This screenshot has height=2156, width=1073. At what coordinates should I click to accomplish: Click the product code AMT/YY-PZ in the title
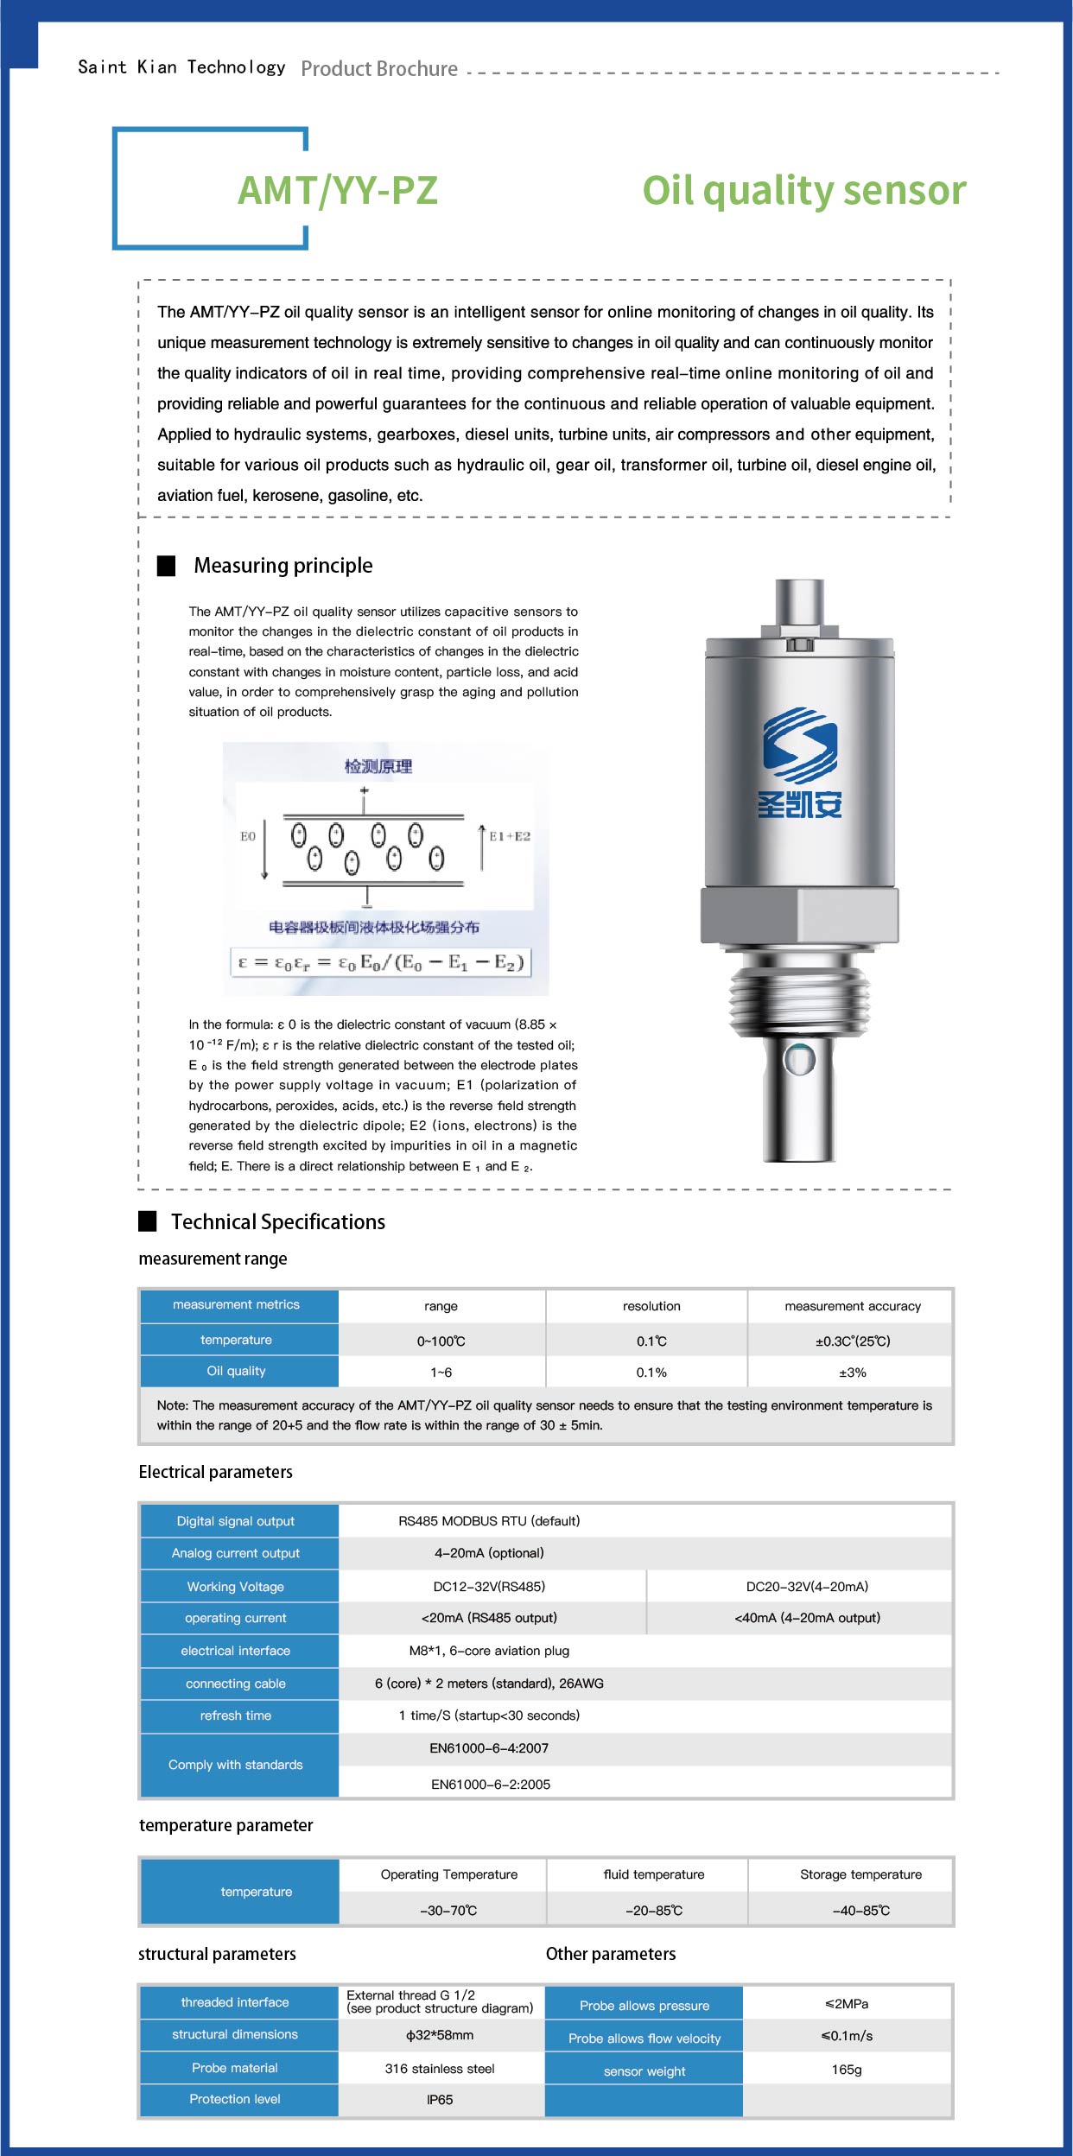click(338, 191)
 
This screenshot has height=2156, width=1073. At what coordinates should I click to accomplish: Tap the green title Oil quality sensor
click(803, 191)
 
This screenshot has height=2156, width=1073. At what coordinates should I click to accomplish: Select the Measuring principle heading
click(283, 566)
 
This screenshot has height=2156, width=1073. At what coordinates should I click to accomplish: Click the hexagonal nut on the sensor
click(799, 915)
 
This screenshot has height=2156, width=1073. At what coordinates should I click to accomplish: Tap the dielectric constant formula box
click(380, 962)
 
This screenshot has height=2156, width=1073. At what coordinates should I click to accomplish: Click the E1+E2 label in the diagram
click(510, 836)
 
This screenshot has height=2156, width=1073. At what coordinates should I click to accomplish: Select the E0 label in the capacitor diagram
click(248, 836)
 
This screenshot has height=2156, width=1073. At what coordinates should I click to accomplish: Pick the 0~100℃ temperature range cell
click(441, 1341)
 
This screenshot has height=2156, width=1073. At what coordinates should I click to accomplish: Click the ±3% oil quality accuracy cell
click(853, 1373)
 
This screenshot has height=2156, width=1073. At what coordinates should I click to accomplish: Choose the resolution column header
click(651, 1306)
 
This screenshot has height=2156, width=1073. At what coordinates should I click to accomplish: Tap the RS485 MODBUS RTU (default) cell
click(489, 1521)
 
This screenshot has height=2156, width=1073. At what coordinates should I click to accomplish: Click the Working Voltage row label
click(236, 1587)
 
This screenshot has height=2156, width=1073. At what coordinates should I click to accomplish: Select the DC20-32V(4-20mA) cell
click(807, 1587)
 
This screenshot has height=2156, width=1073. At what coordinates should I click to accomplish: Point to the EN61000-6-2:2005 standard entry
click(491, 1785)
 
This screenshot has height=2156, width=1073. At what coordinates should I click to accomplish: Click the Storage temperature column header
click(860, 1874)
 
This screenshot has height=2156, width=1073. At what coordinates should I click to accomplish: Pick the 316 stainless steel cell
click(440, 2069)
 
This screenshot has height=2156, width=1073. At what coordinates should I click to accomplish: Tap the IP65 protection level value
click(440, 2100)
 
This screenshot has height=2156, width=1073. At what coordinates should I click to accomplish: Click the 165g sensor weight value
click(847, 2070)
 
